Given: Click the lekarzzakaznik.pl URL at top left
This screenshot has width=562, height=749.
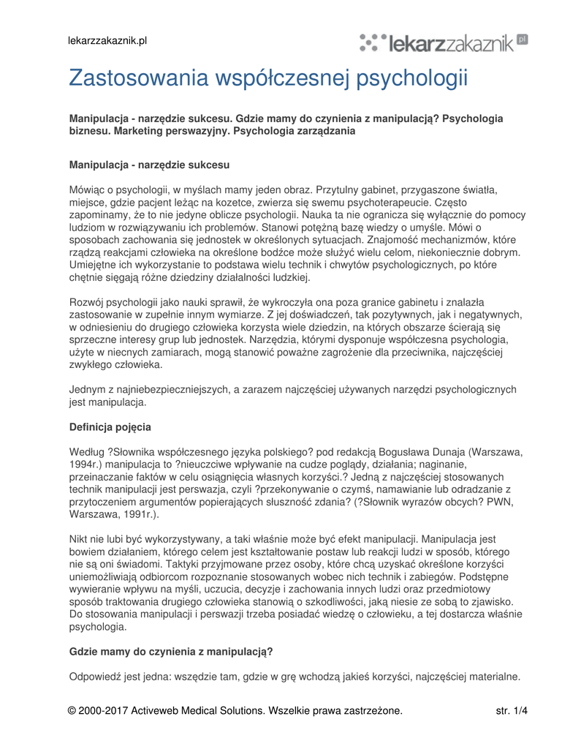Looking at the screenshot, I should coord(108,40).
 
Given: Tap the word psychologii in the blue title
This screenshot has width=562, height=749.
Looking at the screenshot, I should coord(411,78).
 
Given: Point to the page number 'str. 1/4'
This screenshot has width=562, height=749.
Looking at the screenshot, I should coord(512,710).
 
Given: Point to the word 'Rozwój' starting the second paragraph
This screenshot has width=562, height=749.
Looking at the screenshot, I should coord(87,302).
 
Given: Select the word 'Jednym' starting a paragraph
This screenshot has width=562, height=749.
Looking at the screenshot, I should coord(88,389).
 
